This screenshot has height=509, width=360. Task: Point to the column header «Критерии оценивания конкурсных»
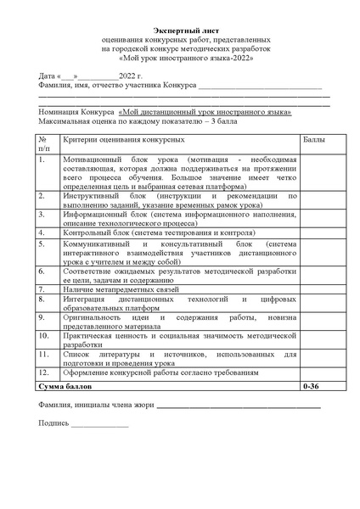[123, 137]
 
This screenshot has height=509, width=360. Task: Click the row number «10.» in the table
[44, 334]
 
